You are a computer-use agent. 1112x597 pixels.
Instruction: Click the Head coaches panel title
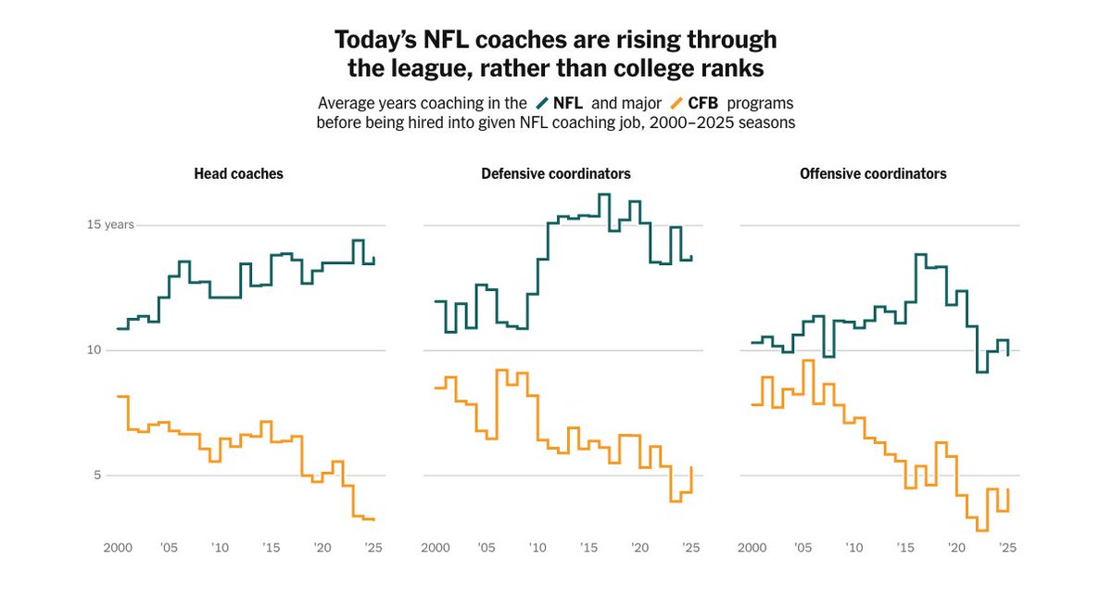click(x=238, y=174)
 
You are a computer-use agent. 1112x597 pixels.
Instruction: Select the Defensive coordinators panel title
click(x=555, y=174)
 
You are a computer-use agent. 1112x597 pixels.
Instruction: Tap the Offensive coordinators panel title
click(x=873, y=174)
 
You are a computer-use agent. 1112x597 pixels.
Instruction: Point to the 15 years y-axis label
click(x=110, y=224)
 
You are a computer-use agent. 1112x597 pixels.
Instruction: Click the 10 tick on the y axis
click(x=94, y=350)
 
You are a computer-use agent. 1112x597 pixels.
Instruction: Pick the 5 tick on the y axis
click(x=97, y=476)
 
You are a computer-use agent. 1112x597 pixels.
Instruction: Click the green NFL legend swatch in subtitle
click(x=542, y=103)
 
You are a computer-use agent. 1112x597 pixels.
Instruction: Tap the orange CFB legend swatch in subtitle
click(x=676, y=103)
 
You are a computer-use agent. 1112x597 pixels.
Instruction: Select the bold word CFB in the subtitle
click(x=703, y=103)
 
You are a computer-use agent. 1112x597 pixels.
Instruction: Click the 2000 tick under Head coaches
click(x=118, y=548)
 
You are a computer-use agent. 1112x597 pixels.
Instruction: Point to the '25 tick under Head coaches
click(x=373, y=548)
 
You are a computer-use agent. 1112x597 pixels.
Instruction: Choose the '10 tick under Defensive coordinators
click(x=537, y=548)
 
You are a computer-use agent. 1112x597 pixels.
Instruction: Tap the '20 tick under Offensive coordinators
click(x=956, y=548)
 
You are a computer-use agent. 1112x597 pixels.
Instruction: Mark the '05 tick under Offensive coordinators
click(x=802, y=548)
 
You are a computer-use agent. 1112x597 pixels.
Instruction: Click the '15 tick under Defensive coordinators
click(x=588, y=548)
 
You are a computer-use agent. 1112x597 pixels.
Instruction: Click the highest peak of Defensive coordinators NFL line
click(x=604, y=194)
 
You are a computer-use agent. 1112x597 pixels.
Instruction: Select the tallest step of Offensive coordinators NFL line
click(x=921, y=254)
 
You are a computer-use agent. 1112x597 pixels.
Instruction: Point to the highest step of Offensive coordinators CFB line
click(x=808, y=361)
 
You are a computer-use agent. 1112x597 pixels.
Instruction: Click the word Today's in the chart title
click(x=376, y=40)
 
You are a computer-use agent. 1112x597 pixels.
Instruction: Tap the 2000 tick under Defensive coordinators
click(x=436, y=548)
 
